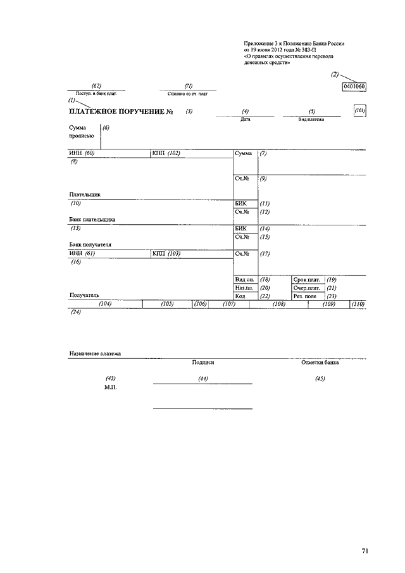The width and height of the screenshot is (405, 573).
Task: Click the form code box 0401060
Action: click(x=354, y=87)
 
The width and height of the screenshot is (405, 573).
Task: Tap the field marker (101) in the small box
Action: click(x=360, y=111)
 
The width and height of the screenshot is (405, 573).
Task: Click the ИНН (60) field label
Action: click(x=82, y=153)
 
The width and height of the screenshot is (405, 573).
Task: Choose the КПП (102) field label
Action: click(x=166, y=153)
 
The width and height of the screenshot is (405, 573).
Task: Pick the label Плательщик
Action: click(x=85, y=195)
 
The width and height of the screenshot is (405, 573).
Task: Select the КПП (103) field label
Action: click(x=166, y=254)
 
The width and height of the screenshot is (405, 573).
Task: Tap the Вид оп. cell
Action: click(x=244, y=279)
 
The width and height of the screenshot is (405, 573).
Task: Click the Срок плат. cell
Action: click(x=308, y=279)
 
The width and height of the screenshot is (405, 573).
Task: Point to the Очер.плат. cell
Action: click(x=308, y=287)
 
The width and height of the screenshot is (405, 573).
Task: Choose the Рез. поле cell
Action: click(x=306, y=296)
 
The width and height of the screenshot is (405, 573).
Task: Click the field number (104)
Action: click(x=105, y=305)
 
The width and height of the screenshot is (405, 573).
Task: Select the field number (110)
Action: click(x=358, y=305)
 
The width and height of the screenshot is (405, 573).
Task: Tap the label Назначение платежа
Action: click(x=95, y=353)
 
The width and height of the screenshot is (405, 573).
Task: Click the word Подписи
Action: click(x=203, y=363)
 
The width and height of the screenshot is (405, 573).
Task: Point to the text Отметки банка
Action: click(x=320, y=363)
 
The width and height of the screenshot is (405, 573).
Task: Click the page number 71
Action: click(x=365, y=551)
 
